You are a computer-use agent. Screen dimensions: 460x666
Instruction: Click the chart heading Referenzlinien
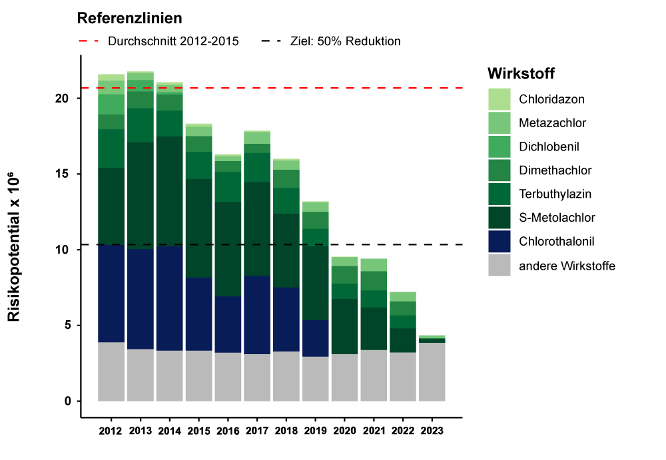click(x=130, y=18)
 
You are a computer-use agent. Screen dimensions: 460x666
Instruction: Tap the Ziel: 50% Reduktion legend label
click(x=345, y=41)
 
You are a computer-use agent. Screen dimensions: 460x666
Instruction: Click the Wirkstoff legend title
click(x=521, y=73)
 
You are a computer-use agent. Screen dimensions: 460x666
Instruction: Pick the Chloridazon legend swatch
click(x=499, y=99)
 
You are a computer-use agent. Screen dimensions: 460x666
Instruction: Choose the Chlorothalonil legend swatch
click(x=499, y=242)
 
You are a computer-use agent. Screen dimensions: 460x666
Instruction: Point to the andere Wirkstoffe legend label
click(x=567, y=266)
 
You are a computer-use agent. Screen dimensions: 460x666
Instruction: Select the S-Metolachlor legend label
click(x=557, y=218)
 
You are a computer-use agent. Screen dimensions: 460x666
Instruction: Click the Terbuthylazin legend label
click(x=555, y=194)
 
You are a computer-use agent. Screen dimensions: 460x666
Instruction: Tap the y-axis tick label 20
click(x=63, y=99)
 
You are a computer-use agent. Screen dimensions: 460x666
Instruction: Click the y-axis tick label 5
click(x=67, y=326)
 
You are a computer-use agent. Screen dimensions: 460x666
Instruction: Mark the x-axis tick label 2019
click(x=316, y=431)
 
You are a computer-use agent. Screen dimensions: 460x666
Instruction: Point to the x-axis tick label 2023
click(x=432, y=431)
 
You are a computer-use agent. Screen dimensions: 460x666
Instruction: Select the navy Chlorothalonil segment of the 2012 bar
click(x=111, y=294)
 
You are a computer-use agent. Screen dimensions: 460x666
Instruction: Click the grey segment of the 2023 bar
click(x=432, y=371)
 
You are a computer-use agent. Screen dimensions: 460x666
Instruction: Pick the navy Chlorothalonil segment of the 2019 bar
click(x=316, y=338)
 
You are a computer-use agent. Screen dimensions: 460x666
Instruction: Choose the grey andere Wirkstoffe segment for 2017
click(x=257, y=377)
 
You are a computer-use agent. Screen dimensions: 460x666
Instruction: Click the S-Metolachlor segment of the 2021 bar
click(x=374, y=328)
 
